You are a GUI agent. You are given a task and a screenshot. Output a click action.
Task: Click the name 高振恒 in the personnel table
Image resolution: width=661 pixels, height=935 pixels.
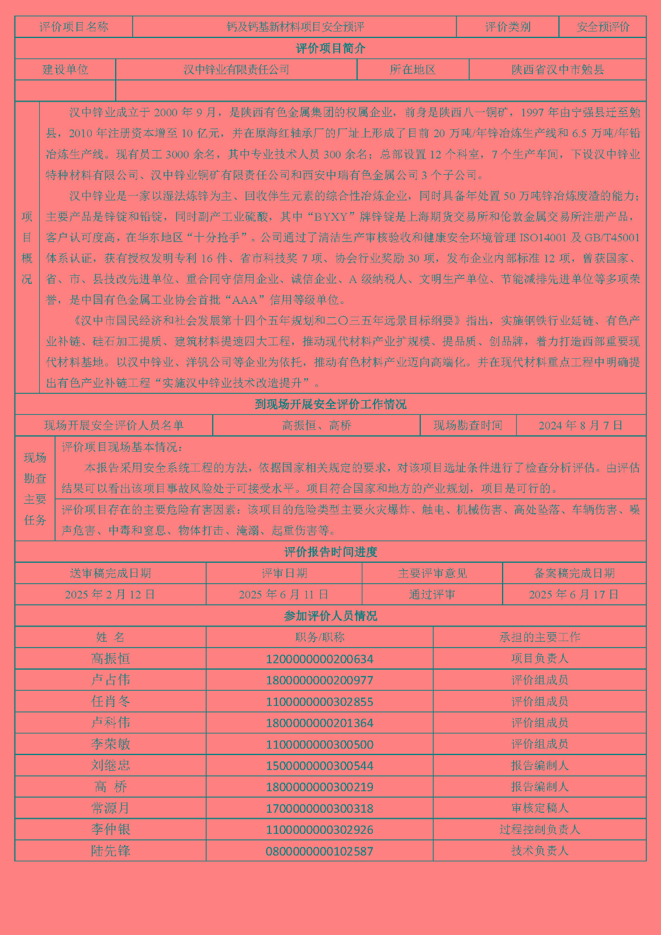110,659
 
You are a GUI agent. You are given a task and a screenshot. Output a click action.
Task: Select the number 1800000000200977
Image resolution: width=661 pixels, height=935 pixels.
319,680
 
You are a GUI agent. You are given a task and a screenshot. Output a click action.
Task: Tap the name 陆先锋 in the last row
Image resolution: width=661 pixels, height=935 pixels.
110,851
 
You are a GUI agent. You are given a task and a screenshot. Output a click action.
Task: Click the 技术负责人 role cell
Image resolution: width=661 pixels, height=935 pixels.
539,851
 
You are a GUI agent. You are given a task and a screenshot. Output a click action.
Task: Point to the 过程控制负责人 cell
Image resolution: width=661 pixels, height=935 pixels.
539,829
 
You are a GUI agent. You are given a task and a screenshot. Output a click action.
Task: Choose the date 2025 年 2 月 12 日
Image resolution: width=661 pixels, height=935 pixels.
110,594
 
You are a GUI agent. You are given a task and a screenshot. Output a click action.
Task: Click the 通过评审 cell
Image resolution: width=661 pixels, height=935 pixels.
432,594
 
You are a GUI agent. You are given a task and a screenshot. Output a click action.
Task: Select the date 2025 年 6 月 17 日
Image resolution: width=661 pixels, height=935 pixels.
573,594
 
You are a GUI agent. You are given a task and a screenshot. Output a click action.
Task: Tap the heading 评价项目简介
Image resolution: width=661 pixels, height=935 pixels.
330,49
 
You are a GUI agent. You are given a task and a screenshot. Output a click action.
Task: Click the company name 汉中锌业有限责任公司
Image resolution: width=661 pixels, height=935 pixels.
236,70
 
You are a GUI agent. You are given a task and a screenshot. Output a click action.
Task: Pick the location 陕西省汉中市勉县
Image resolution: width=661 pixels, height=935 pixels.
558,70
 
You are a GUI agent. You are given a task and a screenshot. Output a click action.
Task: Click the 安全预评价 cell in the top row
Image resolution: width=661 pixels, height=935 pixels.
603,27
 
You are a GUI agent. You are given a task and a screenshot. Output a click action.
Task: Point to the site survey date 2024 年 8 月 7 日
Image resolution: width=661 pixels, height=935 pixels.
580,425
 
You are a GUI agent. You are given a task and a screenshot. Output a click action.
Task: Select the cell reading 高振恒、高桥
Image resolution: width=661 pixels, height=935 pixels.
316,425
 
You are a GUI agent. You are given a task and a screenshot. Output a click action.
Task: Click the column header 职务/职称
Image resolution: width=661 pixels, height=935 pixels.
319,637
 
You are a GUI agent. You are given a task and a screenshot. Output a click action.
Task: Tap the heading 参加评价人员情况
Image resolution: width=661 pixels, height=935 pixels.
330,616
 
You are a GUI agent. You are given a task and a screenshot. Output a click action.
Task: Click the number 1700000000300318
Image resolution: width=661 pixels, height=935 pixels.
319,808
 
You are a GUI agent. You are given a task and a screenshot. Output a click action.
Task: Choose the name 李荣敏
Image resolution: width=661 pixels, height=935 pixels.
110,744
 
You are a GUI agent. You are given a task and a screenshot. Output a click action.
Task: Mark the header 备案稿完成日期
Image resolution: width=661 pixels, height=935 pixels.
574,573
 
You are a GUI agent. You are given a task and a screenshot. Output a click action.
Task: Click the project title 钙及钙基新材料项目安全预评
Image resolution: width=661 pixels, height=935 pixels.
295,27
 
